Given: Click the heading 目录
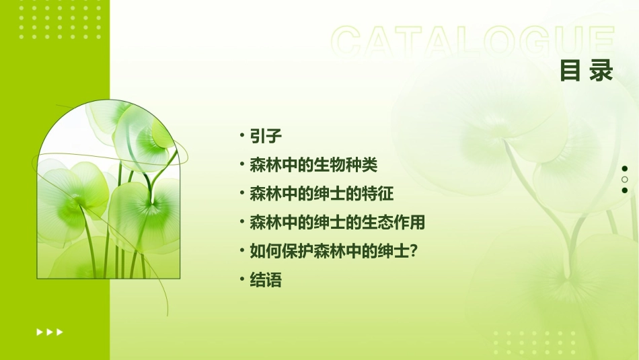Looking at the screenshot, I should tap(587, 70).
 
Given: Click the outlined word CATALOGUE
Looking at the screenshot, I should tap(473, 42).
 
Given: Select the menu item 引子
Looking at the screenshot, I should tap(265, 136).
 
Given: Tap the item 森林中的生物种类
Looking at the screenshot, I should tap(313, 165).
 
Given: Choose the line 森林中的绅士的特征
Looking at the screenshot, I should tap(322, 194).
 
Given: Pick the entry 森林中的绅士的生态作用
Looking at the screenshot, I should tap(337, 222).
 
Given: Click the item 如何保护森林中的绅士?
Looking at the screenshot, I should tap(334, 251).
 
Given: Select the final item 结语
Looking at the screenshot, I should tap(265, 280).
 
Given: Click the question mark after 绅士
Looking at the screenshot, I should tap(414, 251).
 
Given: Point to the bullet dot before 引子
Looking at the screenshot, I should tap(242, 136).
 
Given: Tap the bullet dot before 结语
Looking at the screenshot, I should tap(242, 280).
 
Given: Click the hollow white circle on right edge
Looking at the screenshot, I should tap(625, 180).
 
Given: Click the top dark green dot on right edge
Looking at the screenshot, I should tap(625, 169).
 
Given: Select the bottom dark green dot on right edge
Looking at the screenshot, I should tap(625, 190).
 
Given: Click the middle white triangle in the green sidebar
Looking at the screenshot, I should tap(50, 332).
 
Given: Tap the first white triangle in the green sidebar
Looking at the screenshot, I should tap(40, 332).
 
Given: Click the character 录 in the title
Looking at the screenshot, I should tap(601, 70).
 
